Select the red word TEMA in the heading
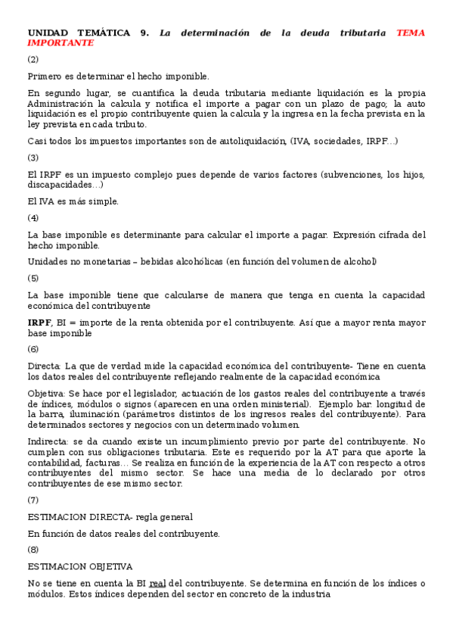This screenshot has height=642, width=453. tap(411, 33)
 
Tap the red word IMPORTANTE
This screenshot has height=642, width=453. tap(61, 43)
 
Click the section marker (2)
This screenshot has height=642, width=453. tap(33, 59)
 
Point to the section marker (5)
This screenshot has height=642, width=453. tap(33, 278)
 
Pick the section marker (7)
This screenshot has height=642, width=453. tap(33, 500)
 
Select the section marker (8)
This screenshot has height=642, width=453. tap(33, 550)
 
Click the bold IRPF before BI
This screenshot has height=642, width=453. tap(39, 323)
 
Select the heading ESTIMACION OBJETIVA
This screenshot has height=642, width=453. tap(80, 566)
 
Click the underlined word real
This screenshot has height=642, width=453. tap(157, 583)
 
